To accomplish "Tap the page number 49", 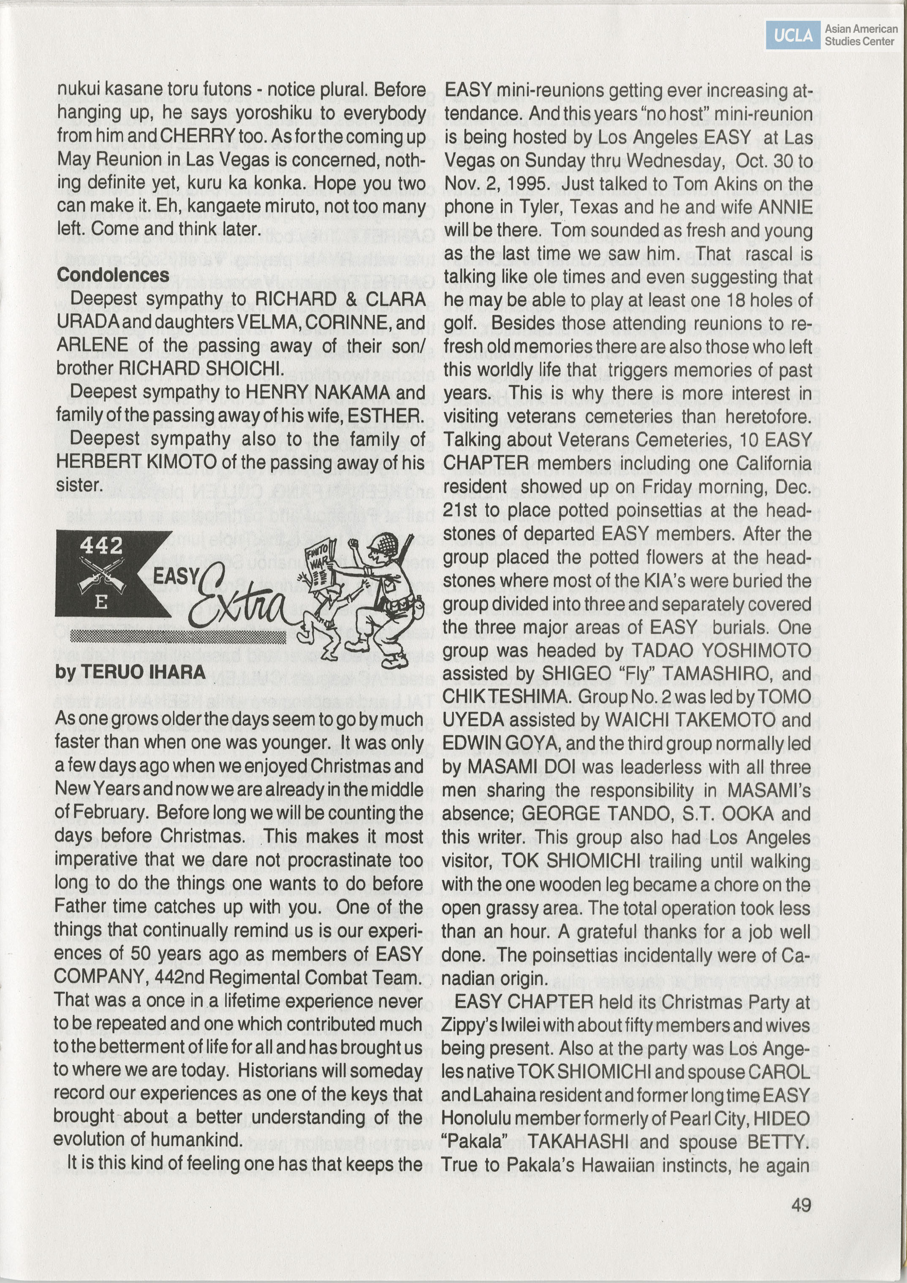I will point(801,1205).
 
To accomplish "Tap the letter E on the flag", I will point(101,602).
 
